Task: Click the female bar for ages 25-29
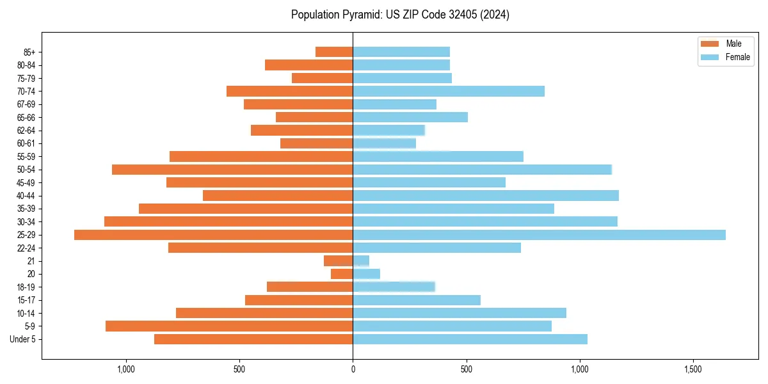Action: pos(539,235)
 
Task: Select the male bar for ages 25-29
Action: pos(213,235)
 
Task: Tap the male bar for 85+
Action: pos(334,52)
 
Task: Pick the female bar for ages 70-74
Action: pos(449,91)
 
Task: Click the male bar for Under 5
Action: pos(253,339)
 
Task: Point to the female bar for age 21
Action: pos(361,260)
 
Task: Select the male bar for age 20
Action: pos(342,274)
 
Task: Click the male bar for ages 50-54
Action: pos(232,170)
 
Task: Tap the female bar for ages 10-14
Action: pos(460,313)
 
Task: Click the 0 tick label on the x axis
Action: pos(353,370)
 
